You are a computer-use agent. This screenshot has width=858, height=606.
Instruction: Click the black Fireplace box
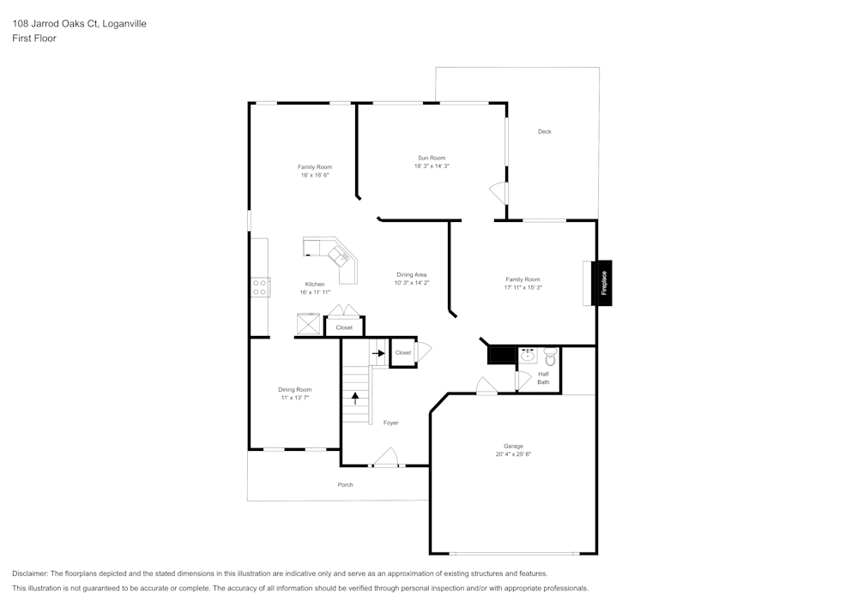(x=603, y=283)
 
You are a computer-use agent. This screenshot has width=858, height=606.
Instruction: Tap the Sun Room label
(x=432, y=158)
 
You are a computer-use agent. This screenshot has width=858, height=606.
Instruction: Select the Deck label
(x=544, y=131)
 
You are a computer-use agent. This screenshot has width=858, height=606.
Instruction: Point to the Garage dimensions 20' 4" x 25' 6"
(x=512, y=455)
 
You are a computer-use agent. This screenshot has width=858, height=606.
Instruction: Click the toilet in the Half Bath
(x=550, y=357)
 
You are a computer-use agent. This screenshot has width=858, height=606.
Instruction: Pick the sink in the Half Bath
(x=529, y=356)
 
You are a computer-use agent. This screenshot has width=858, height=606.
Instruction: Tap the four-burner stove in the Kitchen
(x=260, y=286)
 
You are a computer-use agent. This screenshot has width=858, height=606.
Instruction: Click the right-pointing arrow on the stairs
(x=378, y=352)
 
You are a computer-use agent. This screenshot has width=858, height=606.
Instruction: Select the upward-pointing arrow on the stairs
(x=355, y=398)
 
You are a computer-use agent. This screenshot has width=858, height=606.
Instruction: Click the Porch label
(x=345, y=485)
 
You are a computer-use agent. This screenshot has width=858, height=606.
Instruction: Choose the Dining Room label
(x=294, y=389)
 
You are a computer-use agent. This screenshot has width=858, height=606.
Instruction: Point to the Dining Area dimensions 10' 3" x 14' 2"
(x=411, y=283)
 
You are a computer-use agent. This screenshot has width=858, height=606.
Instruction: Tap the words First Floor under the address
(x=34, y=39)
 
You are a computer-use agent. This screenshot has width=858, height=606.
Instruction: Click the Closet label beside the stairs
(x=402, y=352)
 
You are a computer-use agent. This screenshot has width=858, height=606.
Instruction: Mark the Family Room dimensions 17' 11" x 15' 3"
(x=523, y=288)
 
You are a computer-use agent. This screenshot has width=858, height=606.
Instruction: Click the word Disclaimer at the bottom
(x=30, y=573)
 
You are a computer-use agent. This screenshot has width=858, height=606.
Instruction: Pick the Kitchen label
(x=315, y=284)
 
